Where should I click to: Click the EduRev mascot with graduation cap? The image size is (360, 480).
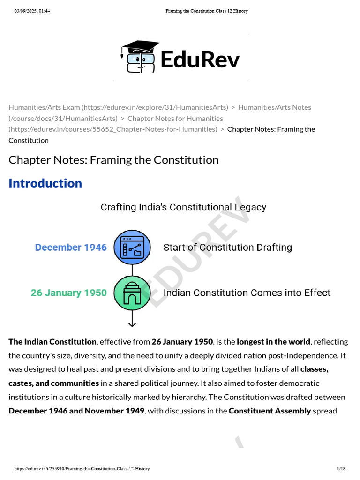tap(139, 57)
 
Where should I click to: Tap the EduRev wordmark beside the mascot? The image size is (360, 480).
tap(200, 60)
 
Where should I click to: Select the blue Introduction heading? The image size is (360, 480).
tap(45, 183)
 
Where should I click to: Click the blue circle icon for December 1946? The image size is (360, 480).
tap(132, 247)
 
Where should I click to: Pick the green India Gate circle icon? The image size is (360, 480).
tap(132, 293)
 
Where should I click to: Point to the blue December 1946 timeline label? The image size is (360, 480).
tap(71, 247)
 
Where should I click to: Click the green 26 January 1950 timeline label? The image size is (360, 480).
tap(68, 293)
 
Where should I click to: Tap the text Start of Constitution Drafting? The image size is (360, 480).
tap(227, 247)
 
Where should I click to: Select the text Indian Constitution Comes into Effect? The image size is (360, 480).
tap(247, 293)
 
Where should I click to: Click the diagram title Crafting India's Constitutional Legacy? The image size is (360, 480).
tap(183, 207)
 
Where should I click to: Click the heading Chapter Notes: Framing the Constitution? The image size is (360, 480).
tap(113, 160)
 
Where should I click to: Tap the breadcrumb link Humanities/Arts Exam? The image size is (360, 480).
tap(45, 107)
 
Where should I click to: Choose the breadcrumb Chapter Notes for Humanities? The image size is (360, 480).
tap(175, 118)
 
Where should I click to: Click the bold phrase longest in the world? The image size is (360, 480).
tap(273, 341)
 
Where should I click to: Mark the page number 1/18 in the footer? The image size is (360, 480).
tap(341, 469)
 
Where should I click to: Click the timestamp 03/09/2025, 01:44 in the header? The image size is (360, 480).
tap(32, 11)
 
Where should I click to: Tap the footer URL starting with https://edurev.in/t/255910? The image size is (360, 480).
tap(82, 469)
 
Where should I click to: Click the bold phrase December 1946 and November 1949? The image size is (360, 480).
tap(77, 411)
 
